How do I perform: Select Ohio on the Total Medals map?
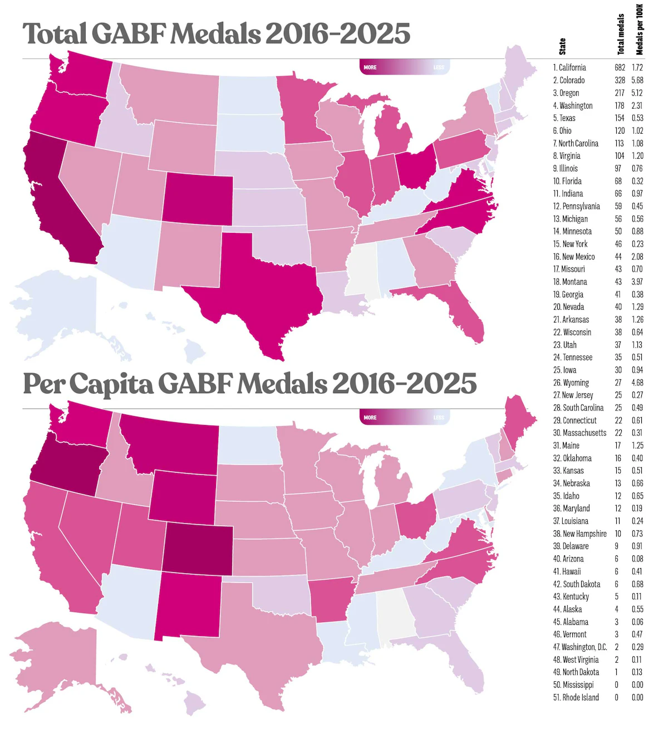click(x=415, y=167)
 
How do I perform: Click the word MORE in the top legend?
click(x=370, y=67)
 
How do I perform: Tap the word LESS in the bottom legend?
click(x=439, y=417)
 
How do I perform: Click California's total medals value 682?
click(x=620, y=67)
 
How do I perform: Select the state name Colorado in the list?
click(x=572, y=80)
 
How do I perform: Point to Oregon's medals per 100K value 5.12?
click(x=637, y=93)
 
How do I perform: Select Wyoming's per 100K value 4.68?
click(x=637, y=383)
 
